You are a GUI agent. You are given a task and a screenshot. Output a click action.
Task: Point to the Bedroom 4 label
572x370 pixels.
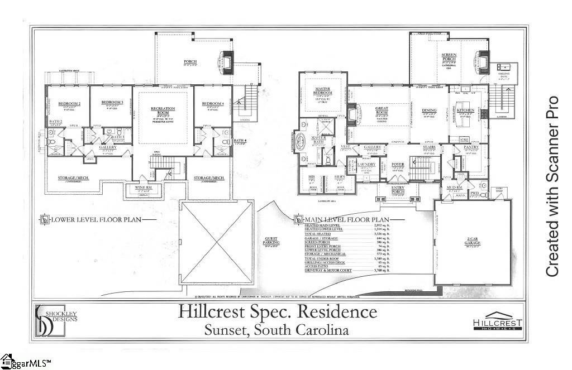[x=213, y=104]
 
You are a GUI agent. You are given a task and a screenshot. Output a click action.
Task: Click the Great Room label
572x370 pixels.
[x=382, y=110]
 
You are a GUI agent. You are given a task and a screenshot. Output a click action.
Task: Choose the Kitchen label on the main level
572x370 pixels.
[x=465, y=110]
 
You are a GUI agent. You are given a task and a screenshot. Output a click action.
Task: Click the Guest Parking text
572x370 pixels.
[x=271, y=241]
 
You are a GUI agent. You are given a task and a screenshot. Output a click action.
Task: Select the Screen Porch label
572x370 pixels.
[x=449, y=57]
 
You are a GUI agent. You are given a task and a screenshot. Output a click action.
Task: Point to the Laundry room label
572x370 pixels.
[x=366, y=164]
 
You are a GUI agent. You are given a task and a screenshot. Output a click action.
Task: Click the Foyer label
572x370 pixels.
[x=397, y=164]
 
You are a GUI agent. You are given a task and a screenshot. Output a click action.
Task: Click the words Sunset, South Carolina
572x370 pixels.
[x=277, y=330]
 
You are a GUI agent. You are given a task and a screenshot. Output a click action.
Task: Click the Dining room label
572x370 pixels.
[x=429, y=110]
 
